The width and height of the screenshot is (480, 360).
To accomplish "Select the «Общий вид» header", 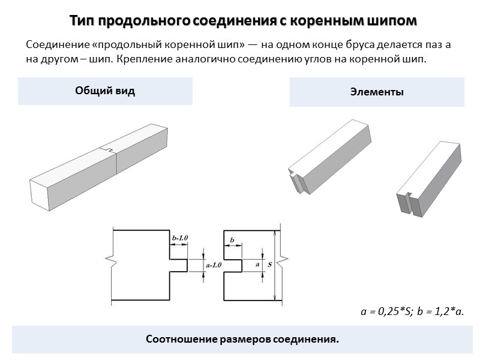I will [x=105, y=91].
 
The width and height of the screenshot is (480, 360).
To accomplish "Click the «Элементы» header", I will [x=377, y=92].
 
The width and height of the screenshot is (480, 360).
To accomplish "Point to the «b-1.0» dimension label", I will [x=179, y=238].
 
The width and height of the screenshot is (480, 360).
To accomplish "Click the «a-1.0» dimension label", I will [x=214, y=265].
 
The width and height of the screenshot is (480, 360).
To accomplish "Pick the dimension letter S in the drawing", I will [x=269, y=264].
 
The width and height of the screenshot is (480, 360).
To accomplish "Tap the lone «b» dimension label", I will [x=232, y=240].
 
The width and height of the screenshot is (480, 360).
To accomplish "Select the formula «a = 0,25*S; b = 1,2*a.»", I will [x=413, y=311].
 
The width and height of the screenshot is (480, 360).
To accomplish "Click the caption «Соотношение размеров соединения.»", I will [x=242, y=340].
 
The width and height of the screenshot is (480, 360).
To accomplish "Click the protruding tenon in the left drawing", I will [x=178, y=265].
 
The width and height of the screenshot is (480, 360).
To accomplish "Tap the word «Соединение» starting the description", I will [x=55, y=44].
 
